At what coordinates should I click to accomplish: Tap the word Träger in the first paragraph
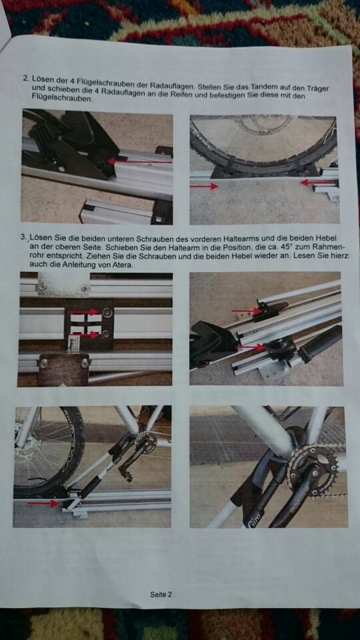pos(319,89)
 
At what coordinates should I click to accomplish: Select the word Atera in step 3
pos(123,265)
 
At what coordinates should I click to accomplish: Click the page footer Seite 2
pos(161,594)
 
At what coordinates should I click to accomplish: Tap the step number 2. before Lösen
pos(27,77)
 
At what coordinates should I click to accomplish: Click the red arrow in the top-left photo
pos(139,161)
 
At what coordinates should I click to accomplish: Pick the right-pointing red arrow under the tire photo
pos(204,187)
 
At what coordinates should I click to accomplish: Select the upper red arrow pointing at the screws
pos(84,312)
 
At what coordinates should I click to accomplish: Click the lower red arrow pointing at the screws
pos(85,335)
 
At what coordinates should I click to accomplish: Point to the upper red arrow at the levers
pos(247,311)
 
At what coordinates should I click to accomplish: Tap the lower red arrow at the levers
pos(250,347)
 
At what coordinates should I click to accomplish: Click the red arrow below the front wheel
pos(43,504)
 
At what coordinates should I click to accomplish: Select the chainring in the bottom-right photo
pos(313,469)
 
